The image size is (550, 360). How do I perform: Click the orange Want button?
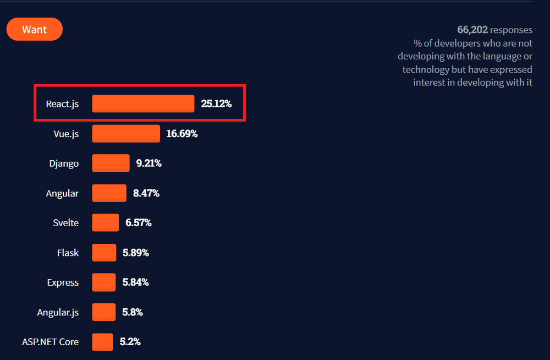pos(34,30)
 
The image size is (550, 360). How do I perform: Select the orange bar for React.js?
pos(143,103)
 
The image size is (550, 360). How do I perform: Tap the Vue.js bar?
pos(126,133)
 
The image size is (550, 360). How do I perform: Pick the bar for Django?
pos(111,163)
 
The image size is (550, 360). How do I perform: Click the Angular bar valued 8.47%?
pos(109,193)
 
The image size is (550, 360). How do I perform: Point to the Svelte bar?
pos(105,222)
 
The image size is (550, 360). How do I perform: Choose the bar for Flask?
pos(104,253)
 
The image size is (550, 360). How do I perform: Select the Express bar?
pos(104,282)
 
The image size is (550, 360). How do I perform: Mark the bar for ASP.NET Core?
pos(102,342)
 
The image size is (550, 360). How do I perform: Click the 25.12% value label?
pos(216,103)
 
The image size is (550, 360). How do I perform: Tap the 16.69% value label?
pos(182,133)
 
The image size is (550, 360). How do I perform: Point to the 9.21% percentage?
pos(148,163)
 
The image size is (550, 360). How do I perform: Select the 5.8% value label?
pos(133,312)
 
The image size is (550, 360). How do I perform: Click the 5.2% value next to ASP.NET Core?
pos(130,342)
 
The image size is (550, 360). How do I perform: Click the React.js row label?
pos(62,103)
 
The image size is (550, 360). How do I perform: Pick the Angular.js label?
pos(58,312)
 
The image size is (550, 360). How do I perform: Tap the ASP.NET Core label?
pos(50,342)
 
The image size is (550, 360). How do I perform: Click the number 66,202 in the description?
pos(472,30)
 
